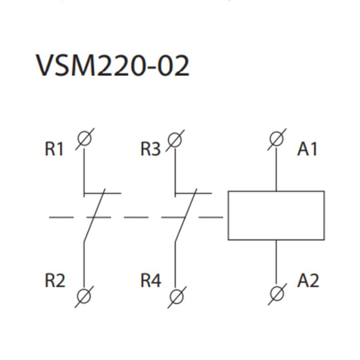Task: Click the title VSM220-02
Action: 112,66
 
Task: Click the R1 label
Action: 54,149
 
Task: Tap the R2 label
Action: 54,281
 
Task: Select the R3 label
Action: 150,149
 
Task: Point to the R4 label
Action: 150,281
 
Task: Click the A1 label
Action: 308,149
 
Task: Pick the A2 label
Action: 308,281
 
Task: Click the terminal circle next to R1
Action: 83,140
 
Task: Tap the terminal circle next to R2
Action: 83,297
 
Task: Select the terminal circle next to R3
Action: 175,140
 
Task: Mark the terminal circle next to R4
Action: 175,297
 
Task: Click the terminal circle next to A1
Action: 276,140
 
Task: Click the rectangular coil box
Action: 276,215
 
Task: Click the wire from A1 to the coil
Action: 276,170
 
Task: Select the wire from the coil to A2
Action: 276,261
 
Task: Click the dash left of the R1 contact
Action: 58,216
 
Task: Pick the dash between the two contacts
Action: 136,216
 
